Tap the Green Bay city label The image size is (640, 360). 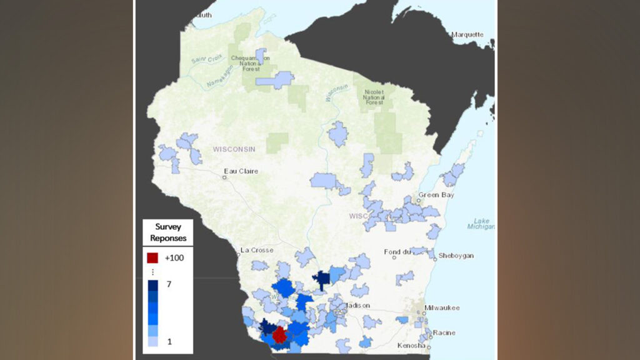(437, 194)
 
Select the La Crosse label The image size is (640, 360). (257, 250)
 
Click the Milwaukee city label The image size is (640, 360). (441, 307)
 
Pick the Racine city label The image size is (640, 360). (443, 332)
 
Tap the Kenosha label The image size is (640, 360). (411, 346)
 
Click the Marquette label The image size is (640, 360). (467, 34)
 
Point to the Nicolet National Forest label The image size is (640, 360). (374, 97)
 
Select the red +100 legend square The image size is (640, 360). (152, 257)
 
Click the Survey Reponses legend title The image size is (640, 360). (167, 232)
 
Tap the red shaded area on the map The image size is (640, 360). (279, 335)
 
